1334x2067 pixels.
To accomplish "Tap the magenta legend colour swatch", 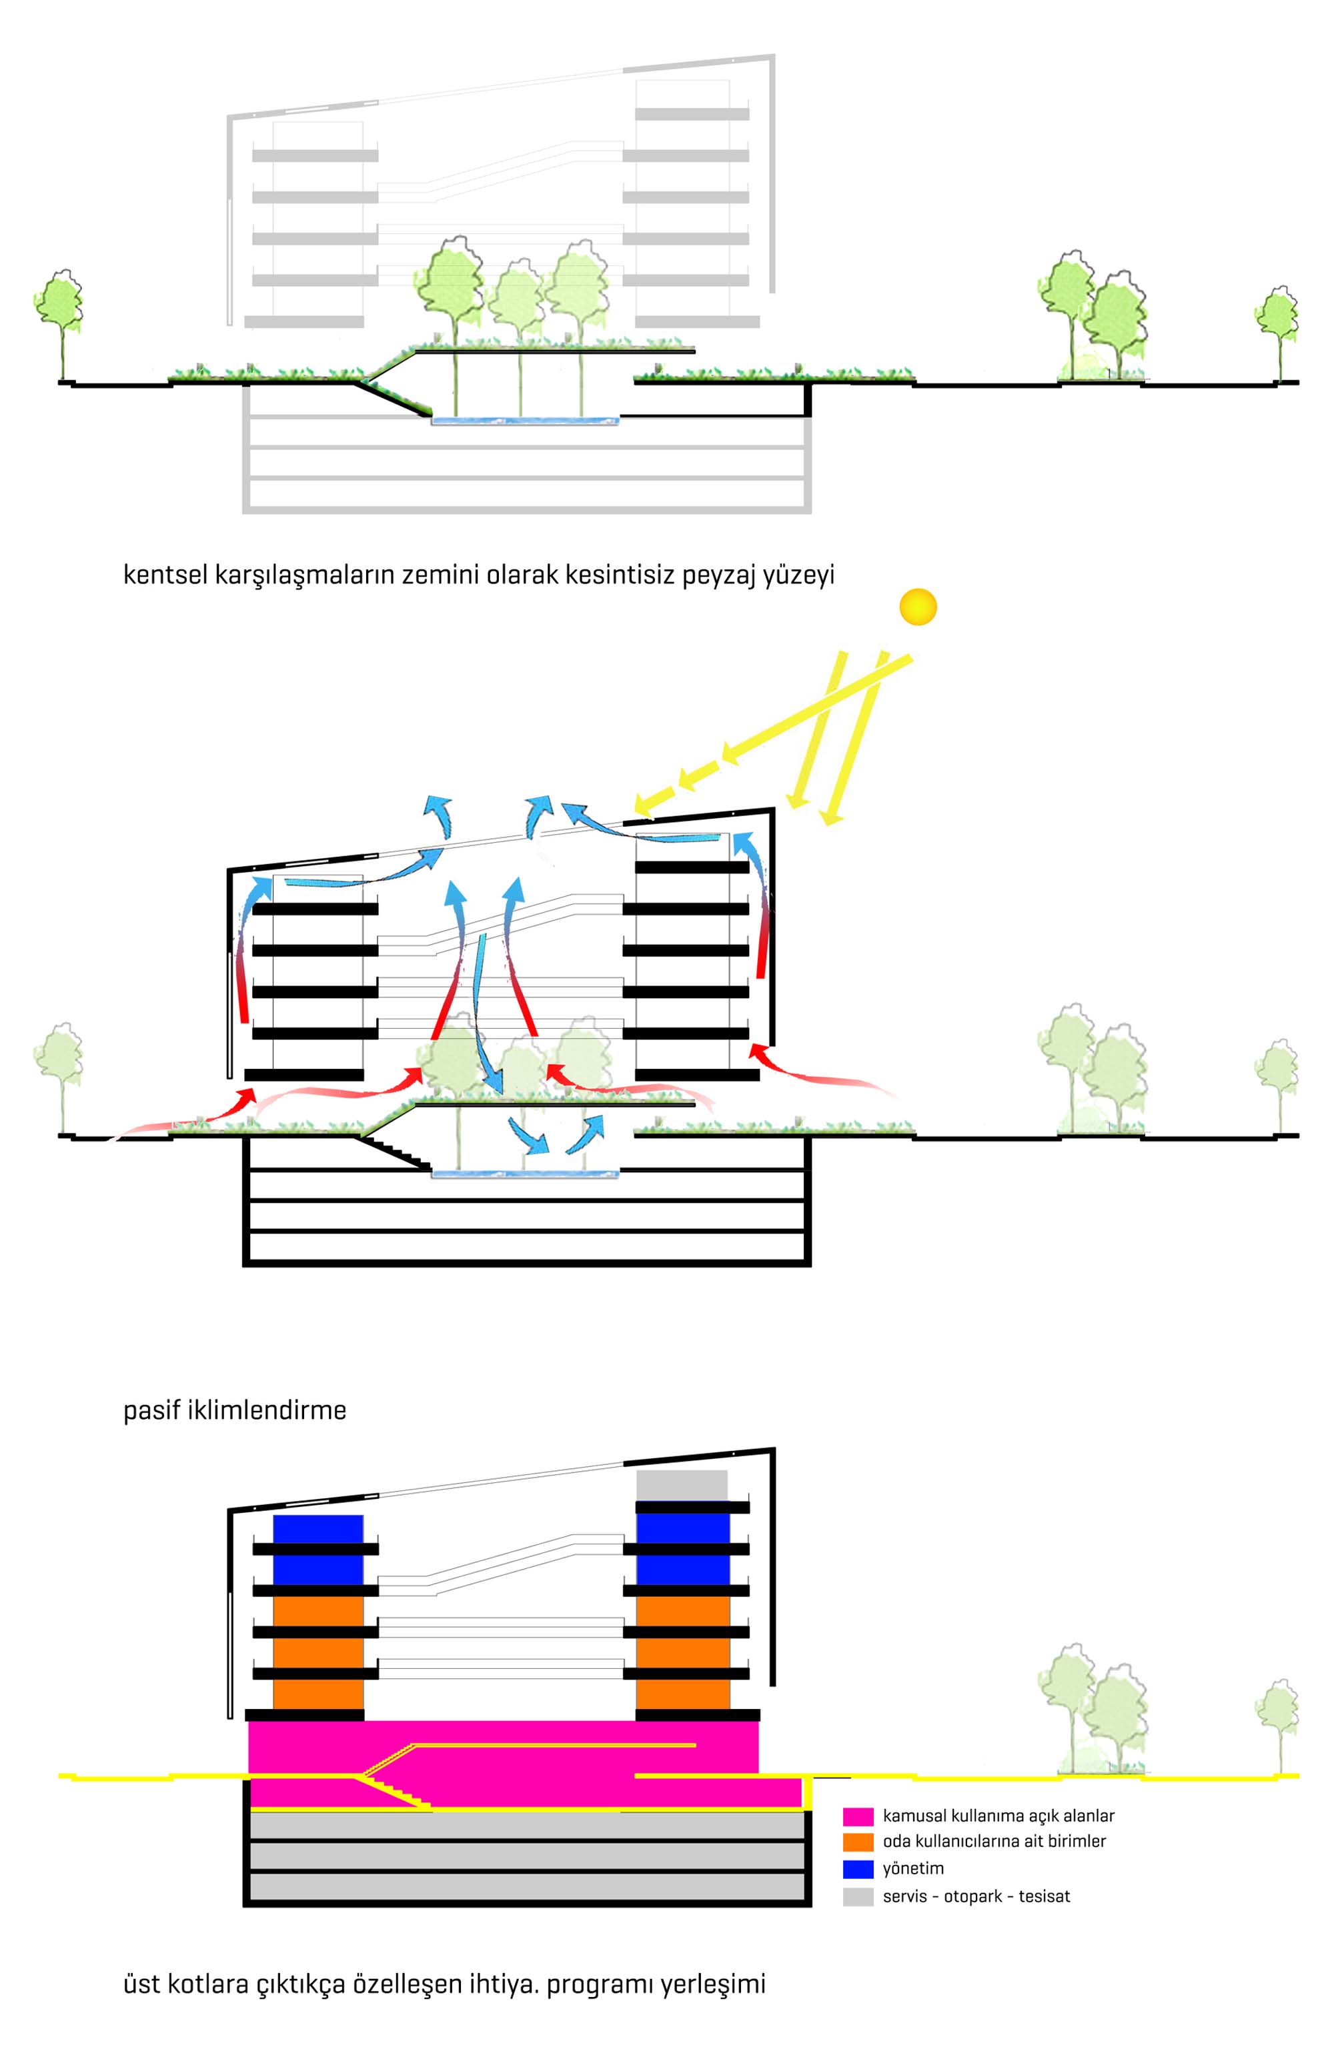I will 858,1816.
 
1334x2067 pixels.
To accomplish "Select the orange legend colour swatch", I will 858,1842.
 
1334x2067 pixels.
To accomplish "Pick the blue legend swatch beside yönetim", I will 858,1869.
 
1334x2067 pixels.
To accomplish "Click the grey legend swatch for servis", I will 858,1896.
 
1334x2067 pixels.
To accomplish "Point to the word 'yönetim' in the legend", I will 913,1869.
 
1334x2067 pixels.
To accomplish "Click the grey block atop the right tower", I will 682,1485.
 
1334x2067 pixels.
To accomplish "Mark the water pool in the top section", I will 526,421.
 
